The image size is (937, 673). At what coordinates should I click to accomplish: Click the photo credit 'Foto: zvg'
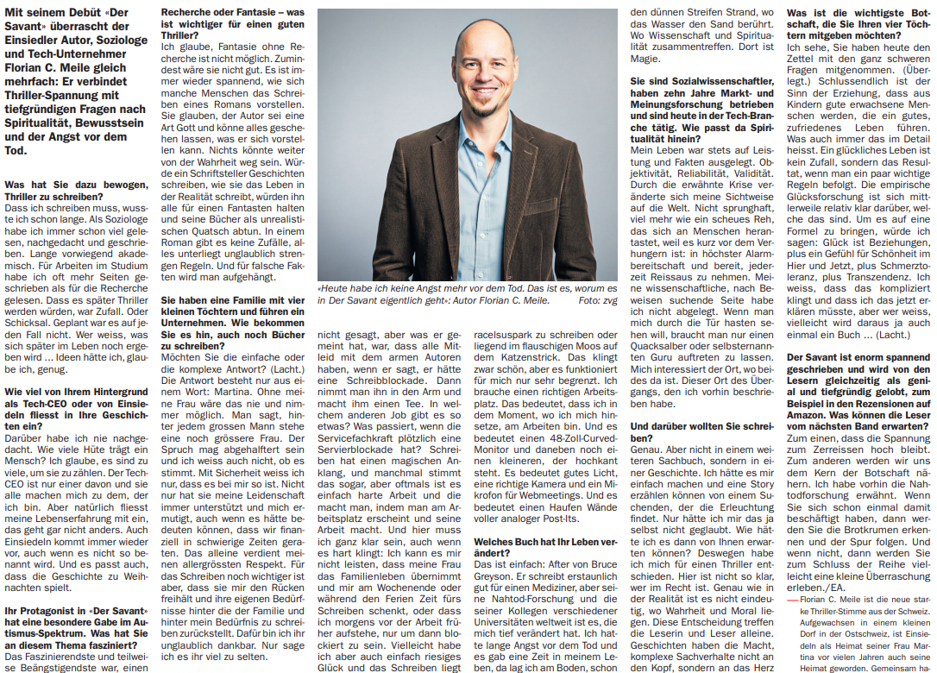(598, 301)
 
